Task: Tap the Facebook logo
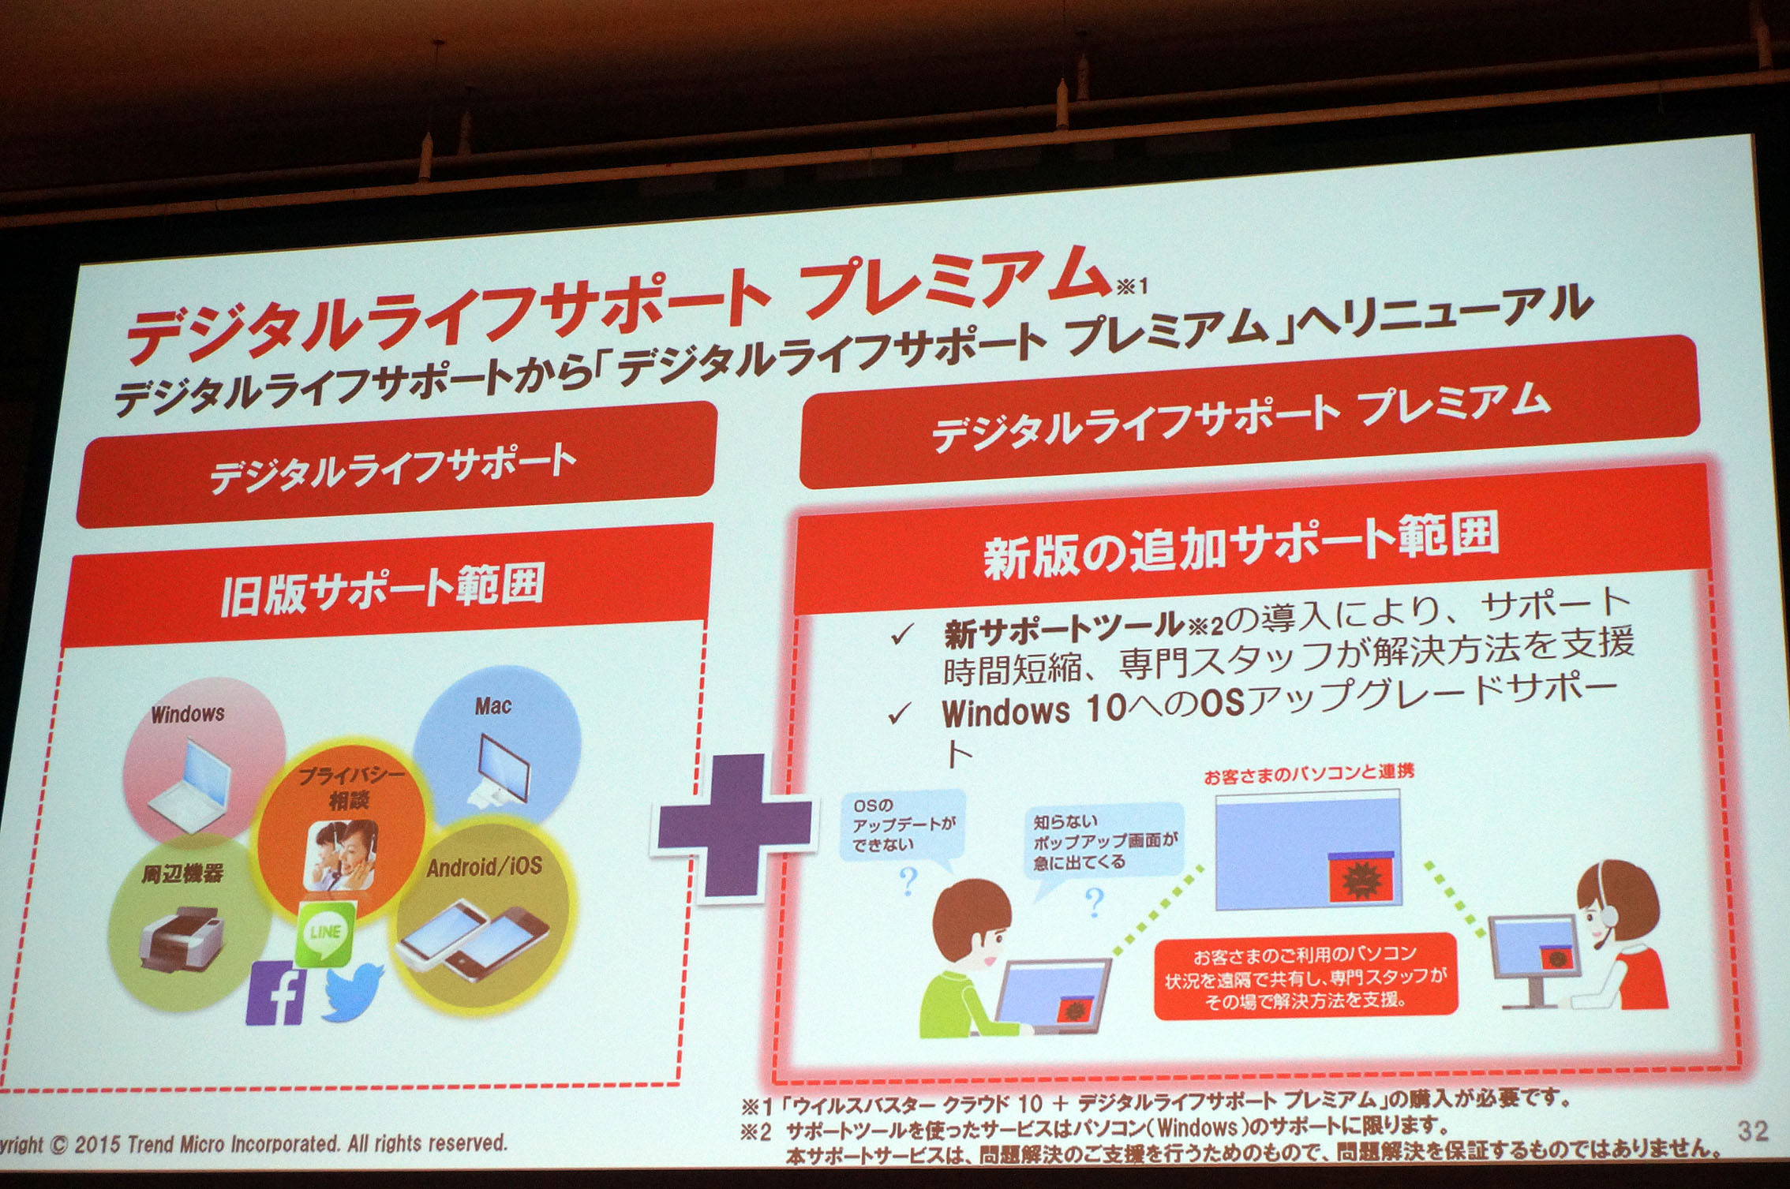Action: pyautogui.click(x=275, y=993)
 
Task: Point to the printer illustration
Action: pyautogui.click(x=182, y=938)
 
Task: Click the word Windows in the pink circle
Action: pyautogui.click(x=188, y=714)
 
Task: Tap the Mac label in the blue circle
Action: pyautogui.click(x=492, y=705)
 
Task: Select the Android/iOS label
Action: pyautogui.click(x=484, y=867)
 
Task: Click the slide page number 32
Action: pyautogui.click(x=1752, y=1131)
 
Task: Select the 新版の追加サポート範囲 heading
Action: pyautogui.click(x=1241, y=544)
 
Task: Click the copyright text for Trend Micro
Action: pyautogui.click(x=253, y=1144)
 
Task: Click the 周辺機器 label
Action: pyautogui.click(x=182, y=873)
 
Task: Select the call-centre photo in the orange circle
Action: pyautogui.click(x=340, y=855)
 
